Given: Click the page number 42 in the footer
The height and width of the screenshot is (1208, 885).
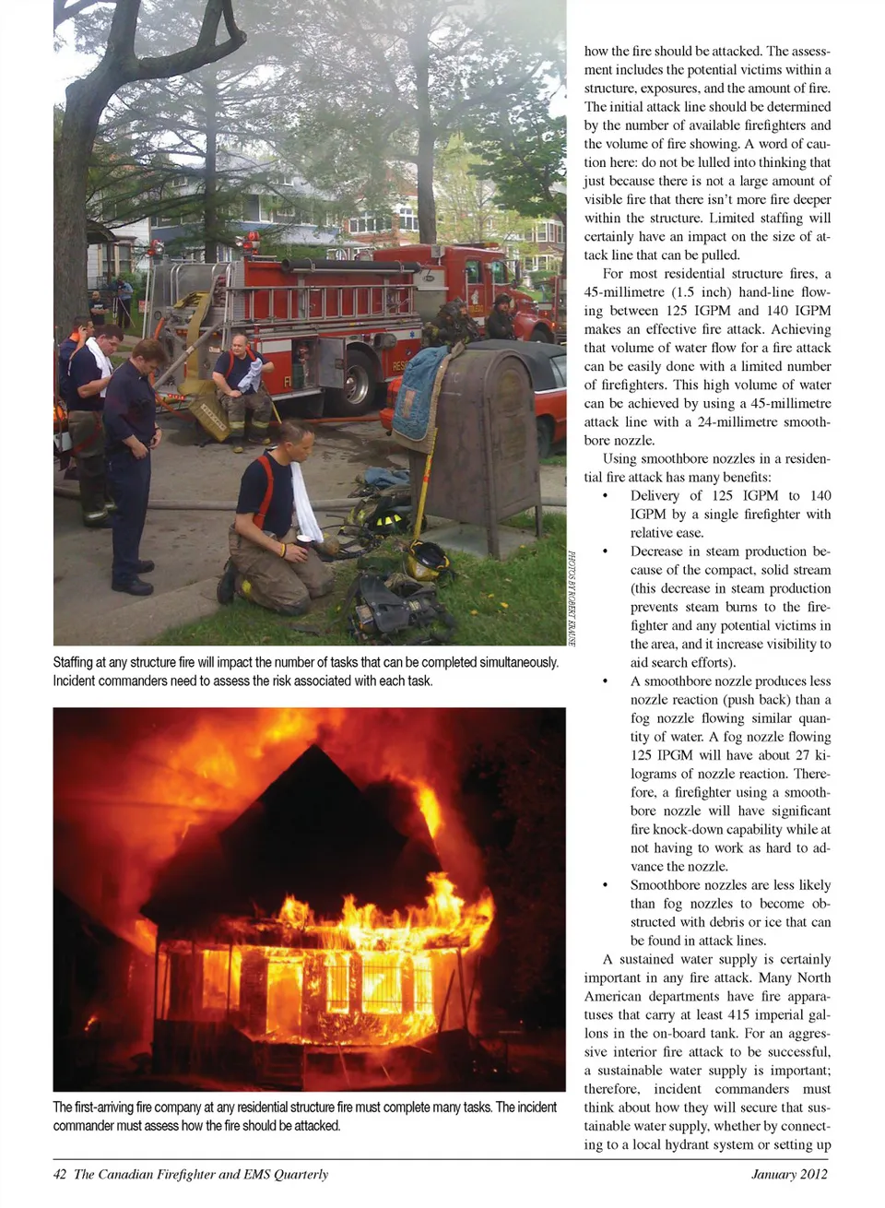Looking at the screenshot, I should [x=60, y=1174].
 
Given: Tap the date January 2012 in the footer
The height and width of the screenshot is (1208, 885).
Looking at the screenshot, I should [x=788, y=1174].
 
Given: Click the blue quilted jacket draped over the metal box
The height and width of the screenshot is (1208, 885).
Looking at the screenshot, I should [x=420, y=392].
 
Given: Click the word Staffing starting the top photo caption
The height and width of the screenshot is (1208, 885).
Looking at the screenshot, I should [x=74, y=662].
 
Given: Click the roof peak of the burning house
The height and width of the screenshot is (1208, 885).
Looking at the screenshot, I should [x=316, y=749].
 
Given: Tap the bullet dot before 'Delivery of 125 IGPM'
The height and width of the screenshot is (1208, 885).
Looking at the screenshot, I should [x=605, y=496].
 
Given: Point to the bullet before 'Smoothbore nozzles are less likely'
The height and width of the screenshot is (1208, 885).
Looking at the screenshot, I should [x=605, y=885].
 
